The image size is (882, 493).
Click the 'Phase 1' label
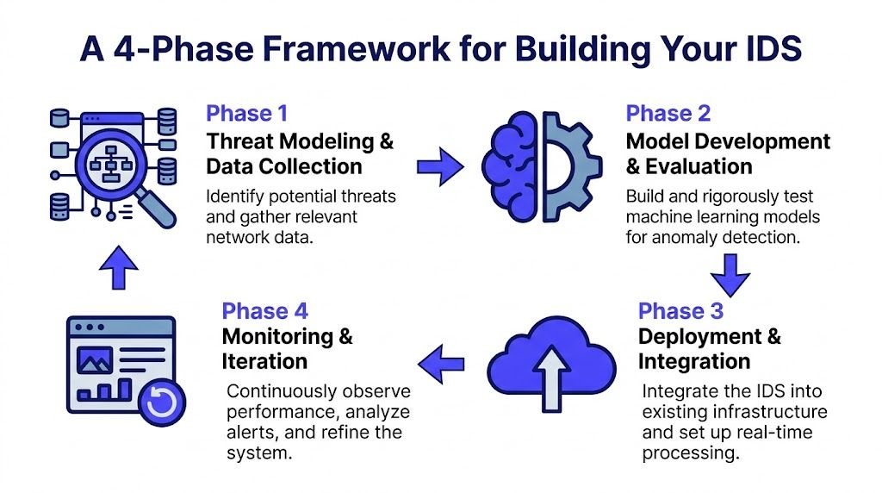pos(246,114)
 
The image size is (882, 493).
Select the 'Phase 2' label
pos(668,114)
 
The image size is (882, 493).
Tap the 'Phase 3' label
pos(680,311)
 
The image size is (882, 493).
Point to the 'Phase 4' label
pos(264,311)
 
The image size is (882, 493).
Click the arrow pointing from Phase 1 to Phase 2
pos(439,165)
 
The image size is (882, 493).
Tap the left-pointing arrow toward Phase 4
pos(447,362)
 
